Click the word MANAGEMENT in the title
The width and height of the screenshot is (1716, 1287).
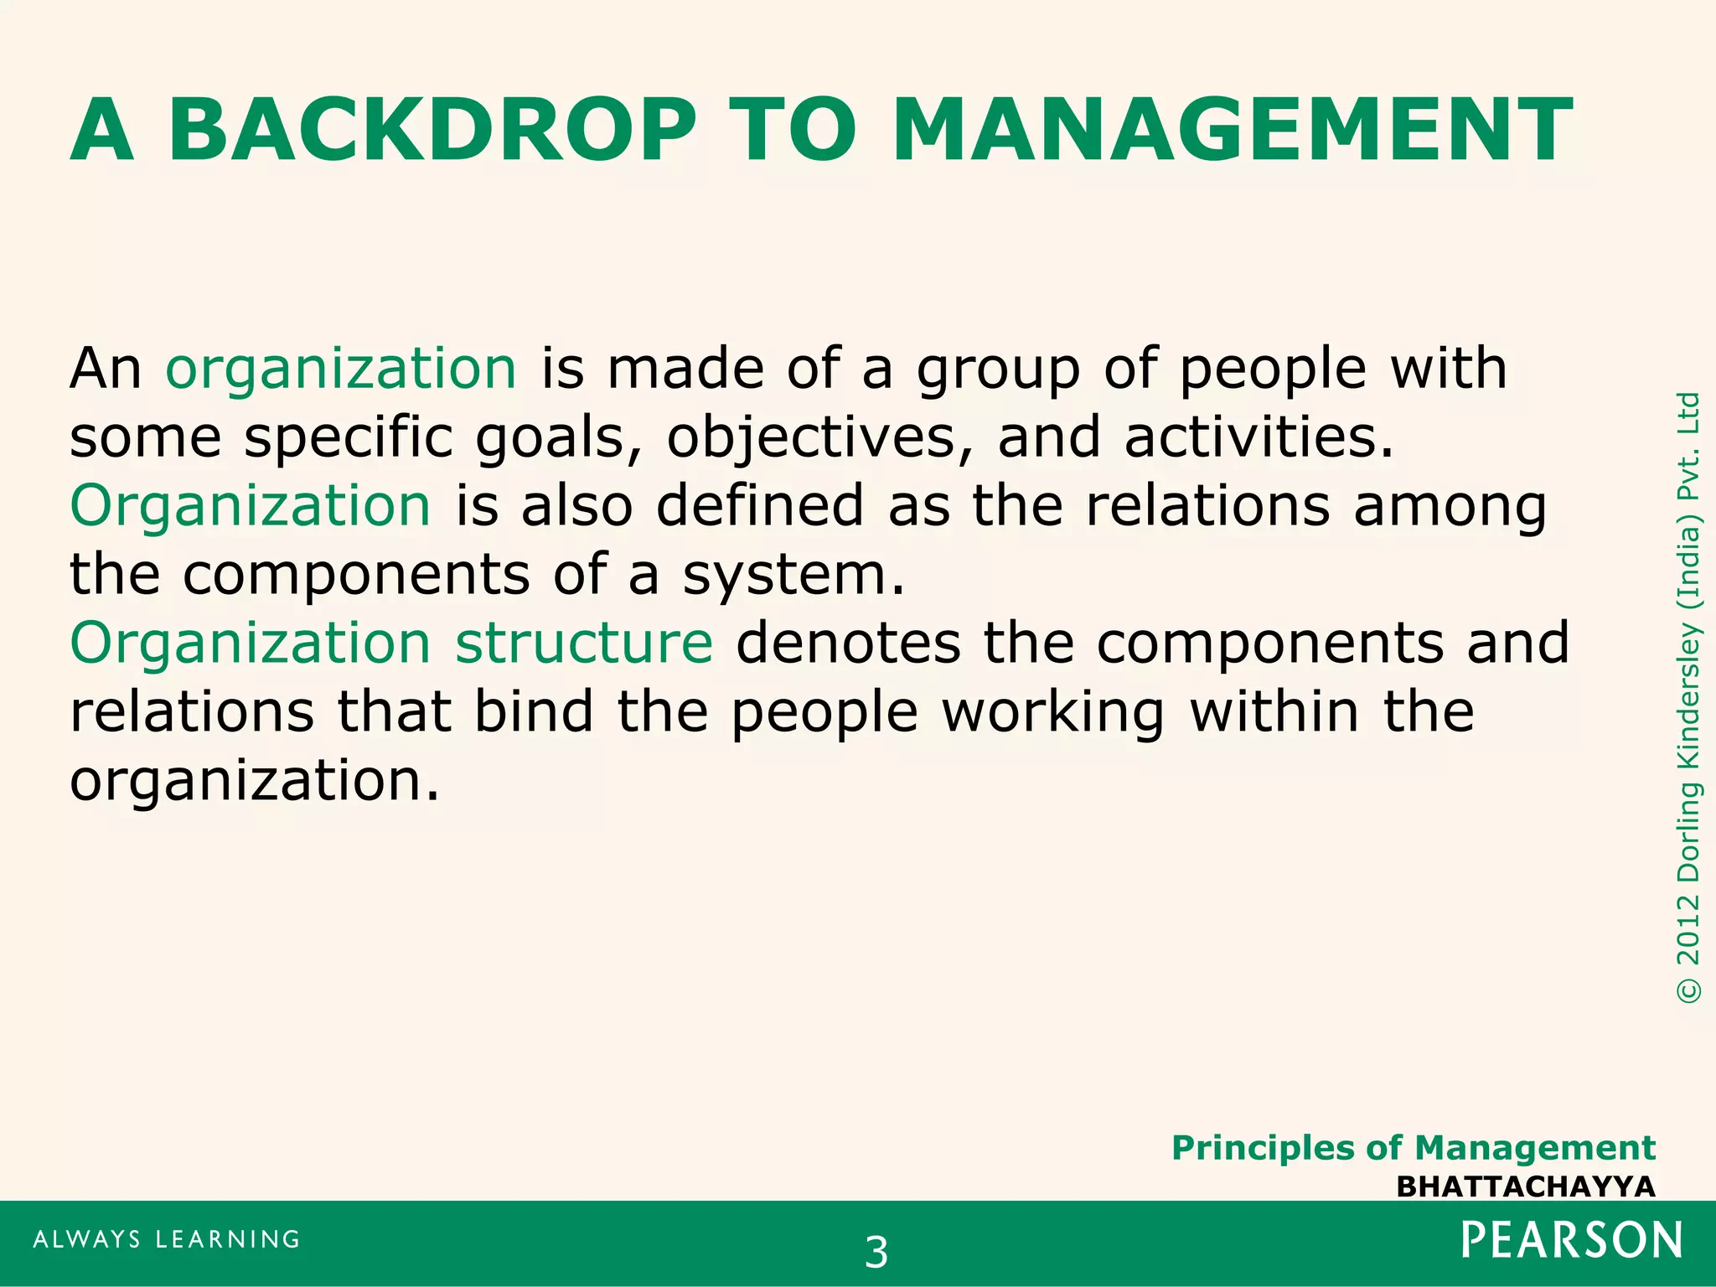(1233, 132)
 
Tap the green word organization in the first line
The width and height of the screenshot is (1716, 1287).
(341, 370)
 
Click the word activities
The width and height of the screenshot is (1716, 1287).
(1259, 438)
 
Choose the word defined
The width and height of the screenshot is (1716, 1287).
(759, 506)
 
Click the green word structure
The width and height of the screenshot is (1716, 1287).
(584, 643)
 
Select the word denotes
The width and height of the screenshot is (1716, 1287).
(848, 643)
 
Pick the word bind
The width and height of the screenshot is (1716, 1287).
(534, 712)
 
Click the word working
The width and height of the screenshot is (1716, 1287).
(1052, 712)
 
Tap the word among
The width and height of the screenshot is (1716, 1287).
(1450, 508)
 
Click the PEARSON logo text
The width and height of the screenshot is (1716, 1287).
(1572, 1241)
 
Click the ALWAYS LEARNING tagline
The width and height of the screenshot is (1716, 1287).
(167, 1239)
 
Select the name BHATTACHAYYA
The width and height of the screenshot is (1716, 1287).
(1525, 1187)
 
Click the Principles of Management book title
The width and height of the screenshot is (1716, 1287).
(1413, 1148)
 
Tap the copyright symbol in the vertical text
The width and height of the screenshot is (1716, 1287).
(1689, 990)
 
